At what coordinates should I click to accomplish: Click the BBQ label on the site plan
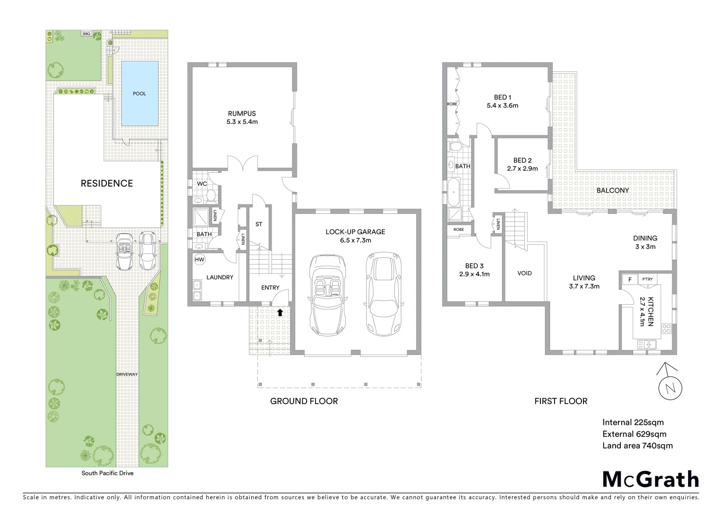pyautogui.click(x=87, y=34)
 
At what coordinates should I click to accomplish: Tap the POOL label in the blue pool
pyautogui.click(x=139, y=94)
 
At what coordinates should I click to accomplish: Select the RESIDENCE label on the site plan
pyautogui.click(x=106, y=184)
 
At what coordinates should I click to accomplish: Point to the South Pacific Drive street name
pyautogui.click(x=107, y=473)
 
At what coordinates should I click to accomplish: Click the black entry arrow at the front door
pyautogui.click(x=280, y=312)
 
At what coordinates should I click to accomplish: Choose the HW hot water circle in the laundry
pyautogui.click(x=200, y=259)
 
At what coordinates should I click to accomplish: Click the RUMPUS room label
pyautogui.click(x=242, y=114)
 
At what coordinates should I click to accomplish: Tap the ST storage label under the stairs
pyautogui.click(x=259, y=224)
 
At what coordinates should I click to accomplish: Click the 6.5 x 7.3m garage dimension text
pyautogui.click(x=355, y=240)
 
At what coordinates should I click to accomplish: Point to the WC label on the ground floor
pyautogui.click(x=202, y=184)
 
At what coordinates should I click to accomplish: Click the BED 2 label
pyautogui.click(x=522, y=160)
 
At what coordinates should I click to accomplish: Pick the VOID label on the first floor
pyautogui.click(x=524, y=273)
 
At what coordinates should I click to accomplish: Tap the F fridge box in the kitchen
pyautogui.click(x=630, y=280)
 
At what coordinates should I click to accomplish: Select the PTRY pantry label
pyautogui.click(x=647, y=279)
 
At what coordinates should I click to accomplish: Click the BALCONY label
pyautogui.click(x=613, y=190)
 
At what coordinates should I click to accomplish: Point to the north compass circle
pyautogui.click(x=670, y=388)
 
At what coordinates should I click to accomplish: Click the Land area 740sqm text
pyautogui.click(x=637, y=446)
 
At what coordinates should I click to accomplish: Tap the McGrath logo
pyautogui.click(x=651, y=479)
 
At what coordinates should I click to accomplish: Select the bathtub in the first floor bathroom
pyautogui.click(x=454, y=192)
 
